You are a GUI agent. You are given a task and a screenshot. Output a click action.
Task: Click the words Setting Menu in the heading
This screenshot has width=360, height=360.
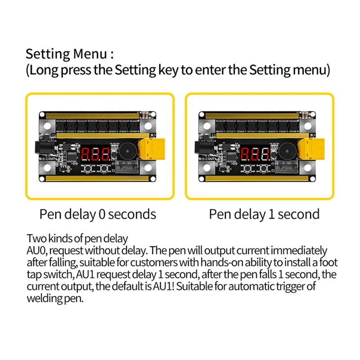tap(66, 54)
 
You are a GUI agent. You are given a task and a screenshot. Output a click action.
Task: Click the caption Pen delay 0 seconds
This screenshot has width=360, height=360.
tap(98, 214)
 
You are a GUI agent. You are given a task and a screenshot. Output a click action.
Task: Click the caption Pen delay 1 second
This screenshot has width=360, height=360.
tap(264, 214)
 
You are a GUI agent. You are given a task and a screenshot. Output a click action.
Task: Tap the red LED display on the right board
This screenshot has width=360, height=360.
tap(255, 154)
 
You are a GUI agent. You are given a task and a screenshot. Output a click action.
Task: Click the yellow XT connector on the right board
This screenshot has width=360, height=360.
tap(311, 149)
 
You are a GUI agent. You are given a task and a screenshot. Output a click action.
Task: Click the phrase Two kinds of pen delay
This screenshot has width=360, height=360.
tap(77, 238)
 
